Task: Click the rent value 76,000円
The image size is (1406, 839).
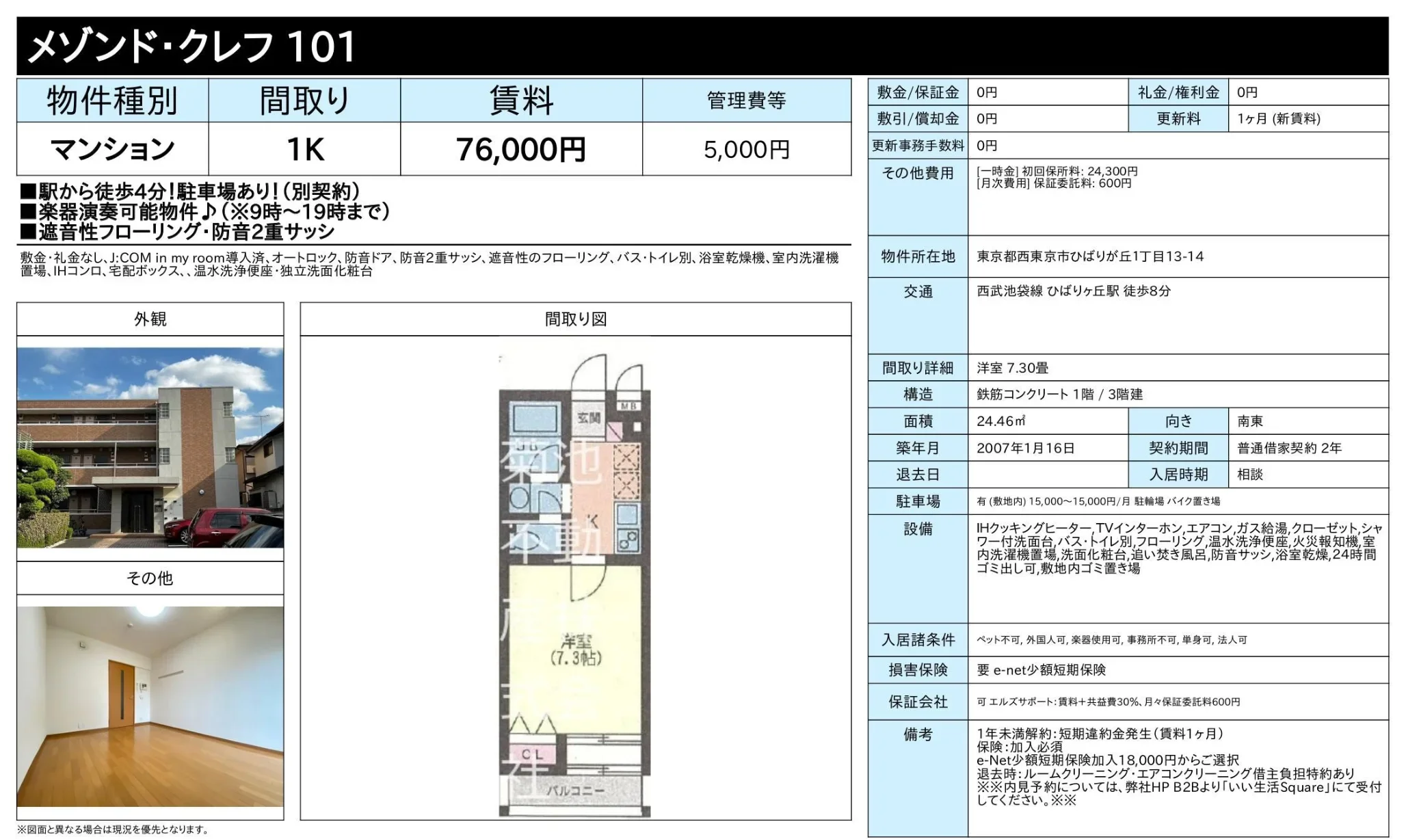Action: [x=521, y=150]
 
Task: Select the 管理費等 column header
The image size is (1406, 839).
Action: [x=747, y=101]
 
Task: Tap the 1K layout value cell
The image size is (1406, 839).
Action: [x=305, y=149]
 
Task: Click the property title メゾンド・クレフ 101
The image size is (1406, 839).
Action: [x=192, y=46]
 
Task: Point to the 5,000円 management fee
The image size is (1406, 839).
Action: [x=747, y=150]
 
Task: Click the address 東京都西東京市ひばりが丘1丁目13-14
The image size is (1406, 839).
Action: [x=1090, y=256]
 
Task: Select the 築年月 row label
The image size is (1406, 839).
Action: [x=918, y=448]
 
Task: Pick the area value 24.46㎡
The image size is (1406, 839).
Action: [x=1000, y=421]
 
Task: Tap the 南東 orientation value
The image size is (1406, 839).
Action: [x=1250, y=421]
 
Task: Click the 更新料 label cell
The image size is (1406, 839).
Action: [x=1178, y=119]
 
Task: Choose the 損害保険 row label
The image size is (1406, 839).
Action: [x=918, y=670]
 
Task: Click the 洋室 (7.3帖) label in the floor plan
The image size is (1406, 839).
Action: [x=576, y=650]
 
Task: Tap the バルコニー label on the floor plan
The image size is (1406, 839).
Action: [x=574, y=790]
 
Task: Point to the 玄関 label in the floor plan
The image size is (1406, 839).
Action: [x=588, y=416]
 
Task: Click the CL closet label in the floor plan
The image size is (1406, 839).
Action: [x=532, y=754]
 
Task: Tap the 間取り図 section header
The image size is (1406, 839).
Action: [x=576, y=319]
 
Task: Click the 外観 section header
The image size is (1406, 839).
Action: [x=150, y=319]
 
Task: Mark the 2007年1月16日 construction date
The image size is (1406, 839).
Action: [x=1026, y=448]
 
